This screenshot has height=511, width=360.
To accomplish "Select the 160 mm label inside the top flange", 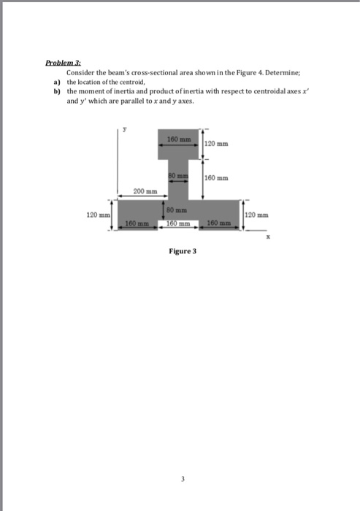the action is (179, 138).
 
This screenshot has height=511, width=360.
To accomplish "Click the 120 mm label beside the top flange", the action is (218, 145).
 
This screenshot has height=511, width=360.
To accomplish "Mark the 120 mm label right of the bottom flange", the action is (258, 215).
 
